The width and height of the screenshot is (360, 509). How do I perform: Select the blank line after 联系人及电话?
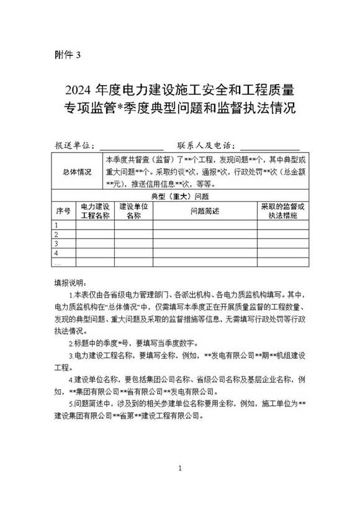pyautogui.click(x=270, y=146)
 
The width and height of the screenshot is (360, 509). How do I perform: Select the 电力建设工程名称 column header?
pyautogui.click(x=95, y=210)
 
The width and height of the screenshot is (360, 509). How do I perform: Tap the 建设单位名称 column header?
pyautogui.click(x=133, y=210)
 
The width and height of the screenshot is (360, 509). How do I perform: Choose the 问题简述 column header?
pyautogui.click(x=205, y=210)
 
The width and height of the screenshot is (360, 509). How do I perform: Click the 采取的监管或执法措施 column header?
pyautogui.click(x=282, y=210)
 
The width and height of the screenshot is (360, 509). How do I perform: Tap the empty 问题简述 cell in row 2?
pyautogui.click(x=205, y=235)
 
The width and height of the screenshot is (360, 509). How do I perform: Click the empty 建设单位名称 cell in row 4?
pyautogui.click(x=133, y=253)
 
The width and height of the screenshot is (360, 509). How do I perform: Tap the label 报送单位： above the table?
pyautogui.click(x=74, y=146)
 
